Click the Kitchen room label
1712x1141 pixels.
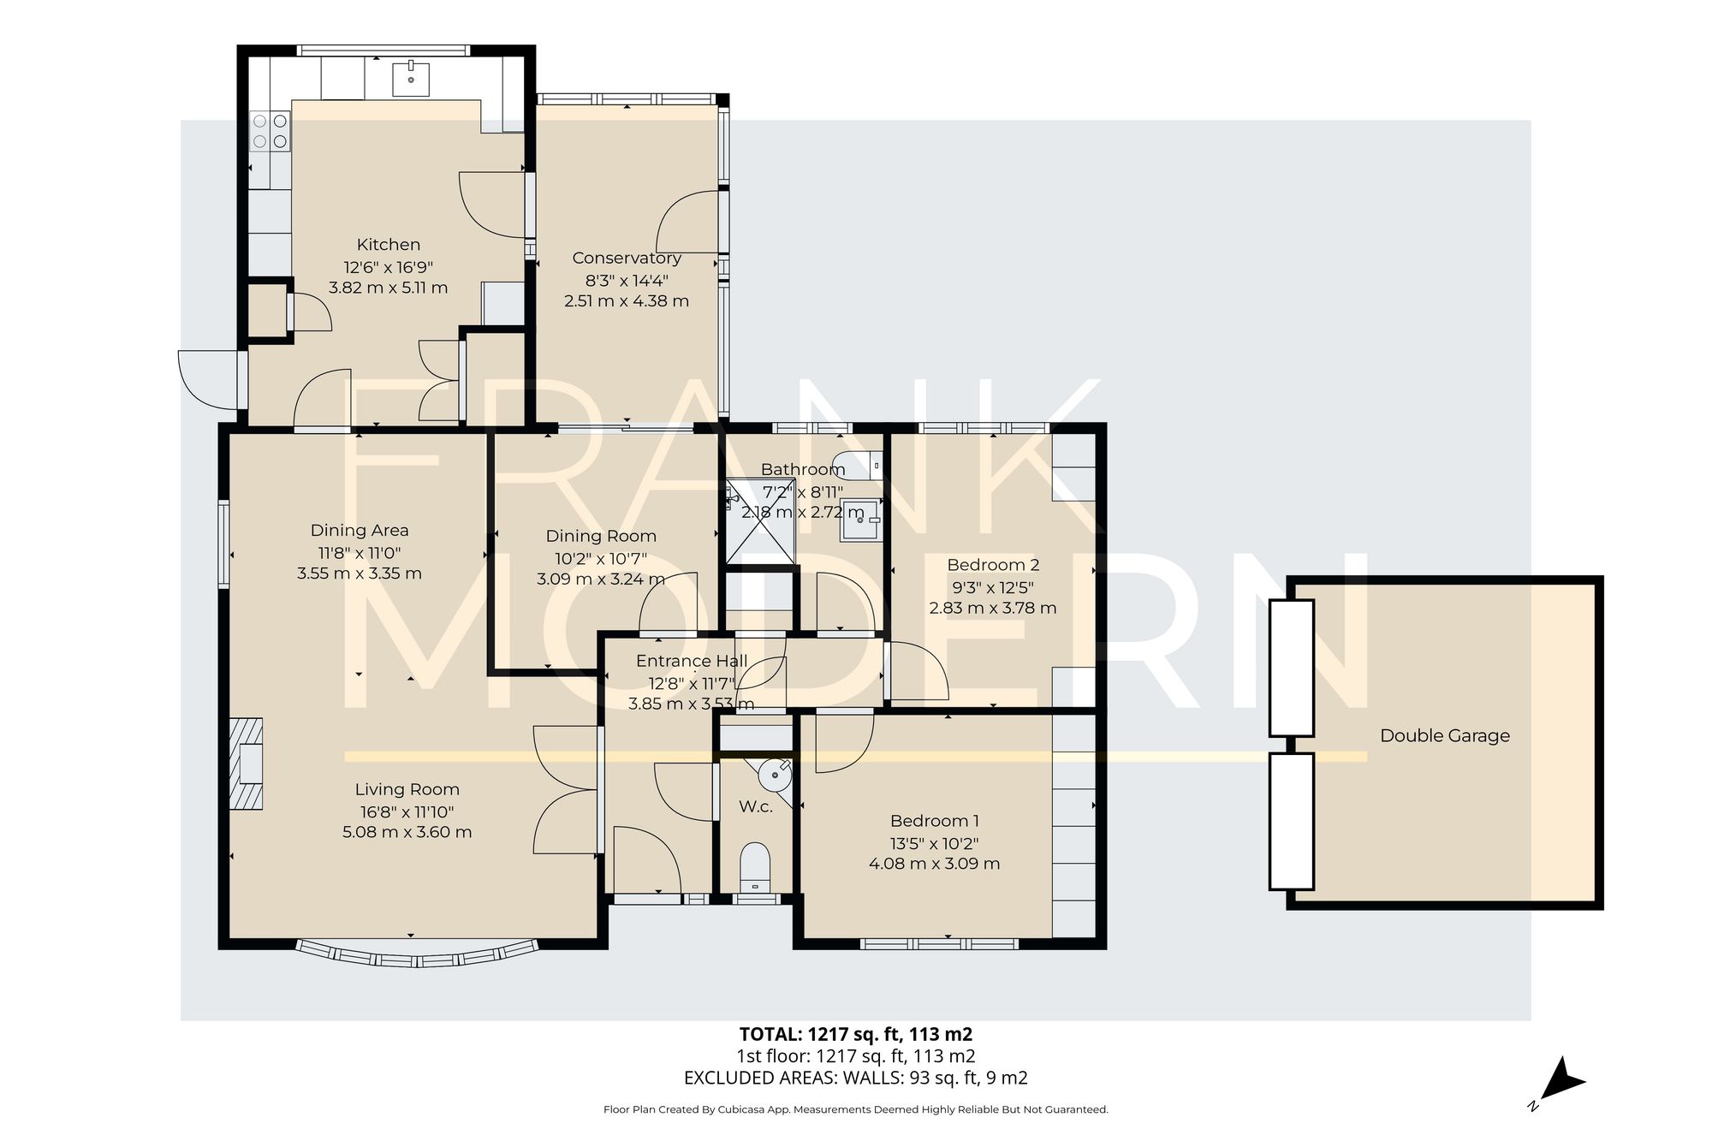(x=388, y=245)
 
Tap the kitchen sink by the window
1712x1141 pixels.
(x=411, y=79)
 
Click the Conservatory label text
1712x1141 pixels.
(x=627, y=258)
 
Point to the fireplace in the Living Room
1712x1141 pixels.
(x=247, y=764)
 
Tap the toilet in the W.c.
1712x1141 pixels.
(x=755, y=866)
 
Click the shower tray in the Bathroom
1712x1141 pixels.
(x=760, y=522)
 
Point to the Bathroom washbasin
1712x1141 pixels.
(x=860, y=520)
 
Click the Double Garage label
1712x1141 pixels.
(x=1445, y=735)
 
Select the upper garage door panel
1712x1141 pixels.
(x=1292, y=668)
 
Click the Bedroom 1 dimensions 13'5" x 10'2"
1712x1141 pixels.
(x=934, y=842)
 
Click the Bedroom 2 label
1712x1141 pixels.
(x=993, y=565)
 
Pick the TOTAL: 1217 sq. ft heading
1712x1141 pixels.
(x=855, y=1033)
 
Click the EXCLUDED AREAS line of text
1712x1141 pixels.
(x=855, y=1079)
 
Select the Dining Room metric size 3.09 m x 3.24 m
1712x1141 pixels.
(x=601, y=579)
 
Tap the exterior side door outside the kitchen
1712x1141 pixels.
(x=208, y=379)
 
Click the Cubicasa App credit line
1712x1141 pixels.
(x=855, y=1110)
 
